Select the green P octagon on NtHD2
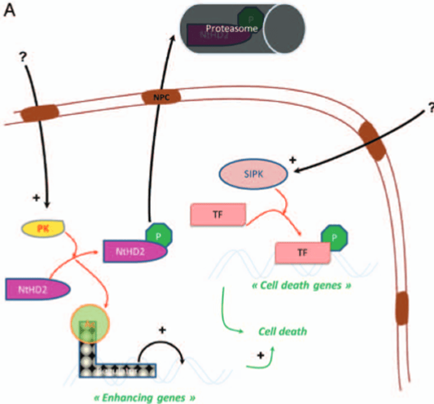point(159,234)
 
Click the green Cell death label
point(283,331)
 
